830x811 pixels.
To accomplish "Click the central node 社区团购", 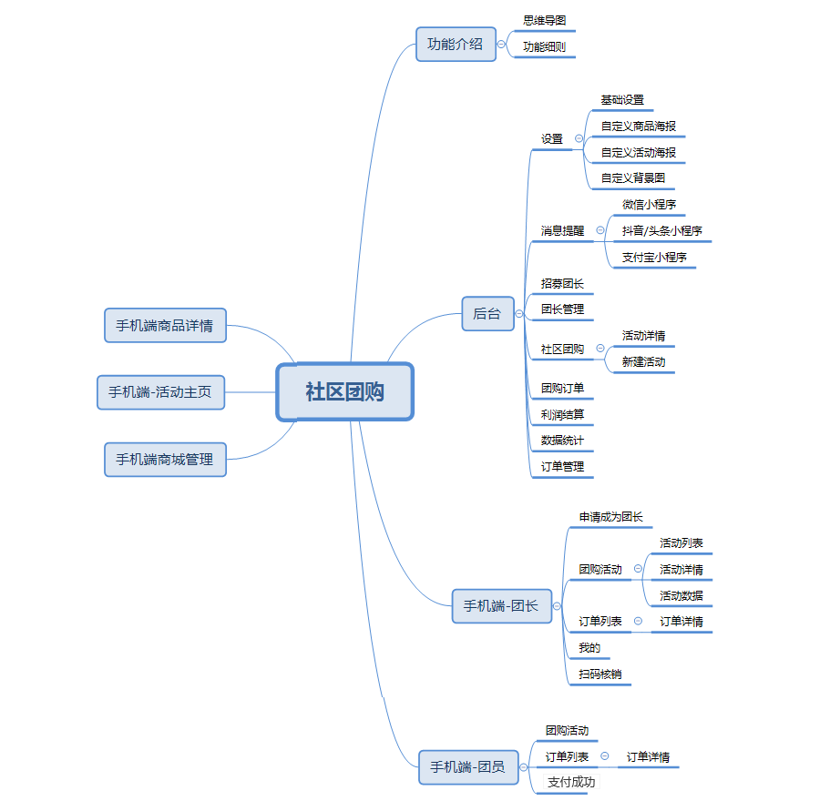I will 344,392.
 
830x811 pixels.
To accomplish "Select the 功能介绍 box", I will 456,44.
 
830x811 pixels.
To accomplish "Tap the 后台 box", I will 487,314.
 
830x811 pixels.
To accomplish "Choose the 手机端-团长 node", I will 501,605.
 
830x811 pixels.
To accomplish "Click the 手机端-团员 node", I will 467,767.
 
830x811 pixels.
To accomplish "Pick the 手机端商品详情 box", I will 165,325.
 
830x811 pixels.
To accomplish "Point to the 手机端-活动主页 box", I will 160,392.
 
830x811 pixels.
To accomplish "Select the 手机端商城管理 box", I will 165,460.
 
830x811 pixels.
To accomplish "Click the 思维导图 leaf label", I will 545,19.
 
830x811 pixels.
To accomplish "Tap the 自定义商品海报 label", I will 638,127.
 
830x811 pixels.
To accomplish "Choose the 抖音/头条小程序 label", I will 661,231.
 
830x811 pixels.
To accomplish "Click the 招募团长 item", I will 562,283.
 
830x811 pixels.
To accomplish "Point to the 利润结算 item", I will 562,414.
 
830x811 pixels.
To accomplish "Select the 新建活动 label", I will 643,361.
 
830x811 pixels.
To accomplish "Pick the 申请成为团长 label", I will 610,517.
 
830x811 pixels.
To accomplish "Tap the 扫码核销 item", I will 600,674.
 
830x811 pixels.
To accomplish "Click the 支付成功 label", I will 571,782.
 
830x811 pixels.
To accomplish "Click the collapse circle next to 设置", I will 579,139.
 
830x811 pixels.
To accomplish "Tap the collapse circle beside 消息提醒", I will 599,231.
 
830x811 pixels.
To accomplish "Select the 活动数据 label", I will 681,596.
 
